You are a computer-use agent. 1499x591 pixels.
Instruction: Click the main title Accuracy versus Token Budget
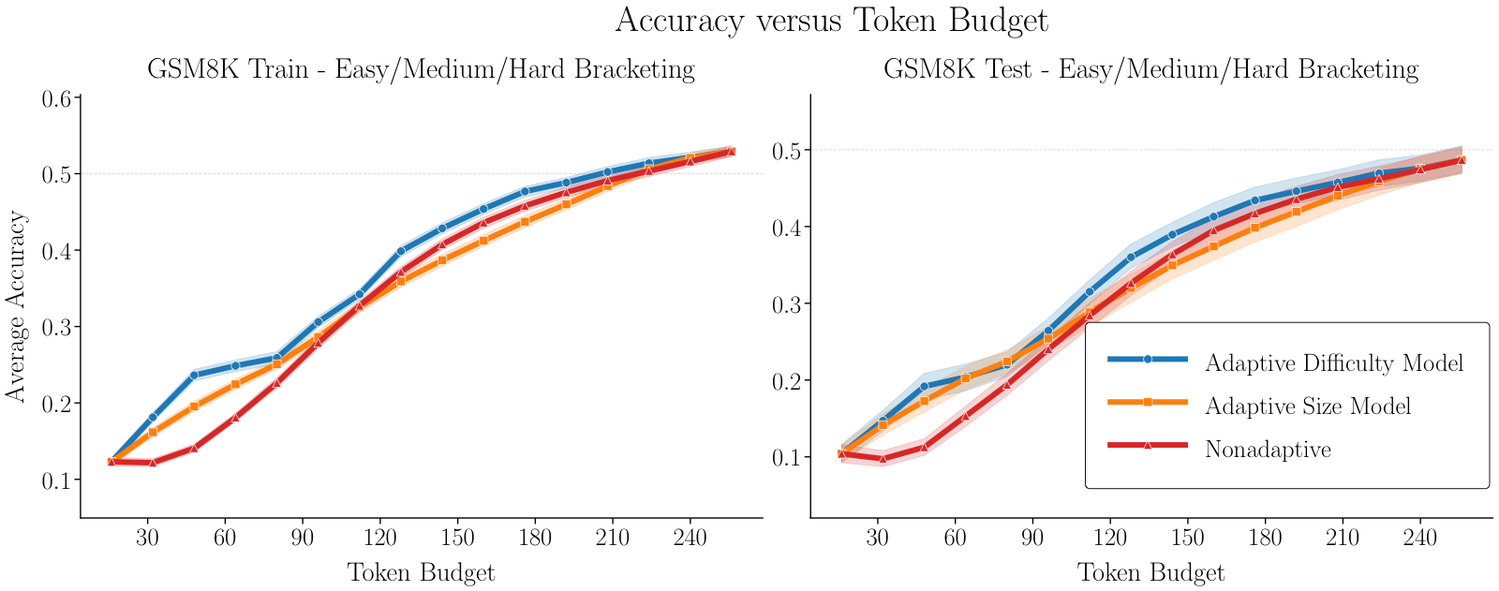(x=831, y=21)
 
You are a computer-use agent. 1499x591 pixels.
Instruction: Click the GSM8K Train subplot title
(x=421, y=69)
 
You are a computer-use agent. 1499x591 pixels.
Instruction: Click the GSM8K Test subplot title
(x=1150, y=69)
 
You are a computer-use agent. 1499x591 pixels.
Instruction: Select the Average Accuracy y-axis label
(x=16, y=306)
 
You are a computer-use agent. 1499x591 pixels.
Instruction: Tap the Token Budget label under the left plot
(x=421, y=572)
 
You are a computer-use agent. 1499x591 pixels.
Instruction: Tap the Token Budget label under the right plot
(x=1150, y=572)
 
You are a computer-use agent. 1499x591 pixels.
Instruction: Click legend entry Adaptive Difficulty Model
(x=1333, y=362)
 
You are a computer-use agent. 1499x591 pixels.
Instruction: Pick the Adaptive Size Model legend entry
(x=1307, y=406)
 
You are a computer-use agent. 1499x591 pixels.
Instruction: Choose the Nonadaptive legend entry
(x=1268, y=449)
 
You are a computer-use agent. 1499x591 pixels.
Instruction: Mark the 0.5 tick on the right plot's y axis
(x=788, y=150)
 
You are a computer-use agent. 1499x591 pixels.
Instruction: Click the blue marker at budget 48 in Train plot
(x=194, y=376)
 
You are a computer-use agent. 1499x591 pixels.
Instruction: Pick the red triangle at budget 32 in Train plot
(x=153, y=463)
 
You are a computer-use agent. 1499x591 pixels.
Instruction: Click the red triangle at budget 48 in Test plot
(x=924, y=448)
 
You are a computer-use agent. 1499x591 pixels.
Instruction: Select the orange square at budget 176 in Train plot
(x=525, y=222)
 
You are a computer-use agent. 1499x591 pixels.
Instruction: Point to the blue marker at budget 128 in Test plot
(x=1131, y=257)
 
